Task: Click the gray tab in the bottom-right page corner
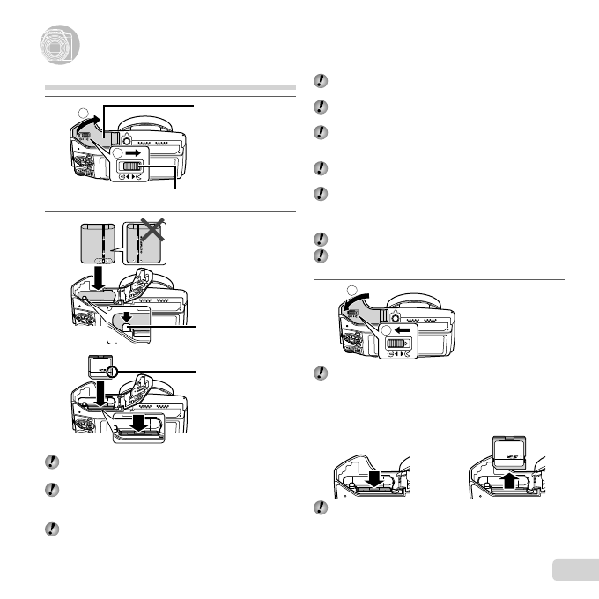576,571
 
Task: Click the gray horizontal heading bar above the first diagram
169,88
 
